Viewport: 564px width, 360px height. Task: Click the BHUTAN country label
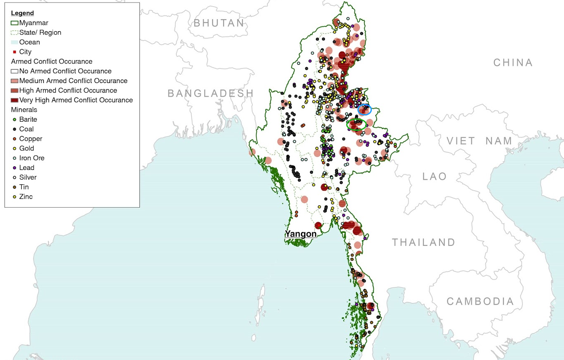pyautogui.click(x=219, y=23)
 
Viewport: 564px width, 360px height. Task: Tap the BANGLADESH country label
pyautogui.click(x=210, y=93)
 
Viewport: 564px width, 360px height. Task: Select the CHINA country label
pyautogui.click(x=513, y=63)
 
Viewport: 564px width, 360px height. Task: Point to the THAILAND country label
pyautogui.click(x=424, y=242)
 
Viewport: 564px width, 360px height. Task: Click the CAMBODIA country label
pyautogui.click(x=480, y=301)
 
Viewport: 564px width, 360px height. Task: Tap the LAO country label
pyautogui.click(x=435, y=176)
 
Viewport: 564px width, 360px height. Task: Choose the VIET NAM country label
pyautogui.click(x=479, y=141)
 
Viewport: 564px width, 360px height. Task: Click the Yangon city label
pyautogui.click(x=301, y=234)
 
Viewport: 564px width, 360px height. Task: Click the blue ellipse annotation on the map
pyautogui.click(x=364, y=110)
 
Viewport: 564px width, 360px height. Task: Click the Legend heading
pyautogui.click(x=22, y=13)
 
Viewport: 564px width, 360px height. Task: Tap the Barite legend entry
pyautogui.click(x=28, y=120)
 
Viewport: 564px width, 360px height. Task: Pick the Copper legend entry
pyautogui.click(x=30, y=139)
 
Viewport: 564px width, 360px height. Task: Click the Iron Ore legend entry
pyautogui.click(x=32, y=158)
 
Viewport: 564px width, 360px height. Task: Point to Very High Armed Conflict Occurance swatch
pyautogui.click(x=15, y=100)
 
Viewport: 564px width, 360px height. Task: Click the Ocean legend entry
pyautogui.click(x=29, y=42)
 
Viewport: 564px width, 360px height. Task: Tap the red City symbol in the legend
pyautogui.click(x=15, y=52)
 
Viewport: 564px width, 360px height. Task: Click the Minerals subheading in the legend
pyautogui.click(x=24, y=110)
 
